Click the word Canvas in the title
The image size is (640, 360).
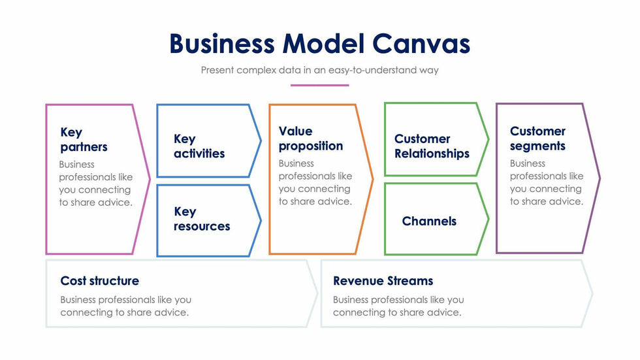coord(421,44)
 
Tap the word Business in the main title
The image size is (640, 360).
coord(221,44)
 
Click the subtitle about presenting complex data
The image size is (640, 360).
coord(319,70)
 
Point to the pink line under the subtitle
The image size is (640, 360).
coord(319,85)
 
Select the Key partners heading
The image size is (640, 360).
coord(84,140)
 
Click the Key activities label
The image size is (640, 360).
coord(199,146)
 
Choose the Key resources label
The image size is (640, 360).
coord(202,219)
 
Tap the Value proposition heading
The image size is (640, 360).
coord(310,139)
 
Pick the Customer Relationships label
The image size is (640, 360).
coord(432,146)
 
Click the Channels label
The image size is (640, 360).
coord(429,221)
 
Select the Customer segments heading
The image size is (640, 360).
coord(537,139)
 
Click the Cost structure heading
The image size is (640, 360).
coord(99,281)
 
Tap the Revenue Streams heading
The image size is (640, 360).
coord(383,281)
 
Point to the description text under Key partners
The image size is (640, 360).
coord(95,184)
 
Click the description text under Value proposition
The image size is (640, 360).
coord(315,182)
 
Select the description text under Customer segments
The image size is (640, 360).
coord(547,182)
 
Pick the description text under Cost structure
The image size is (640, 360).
coord(125,306)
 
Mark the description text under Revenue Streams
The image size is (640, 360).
coord(398,306)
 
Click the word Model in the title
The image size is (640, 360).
coord(323,44)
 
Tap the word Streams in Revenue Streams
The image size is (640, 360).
coord(409,281)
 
